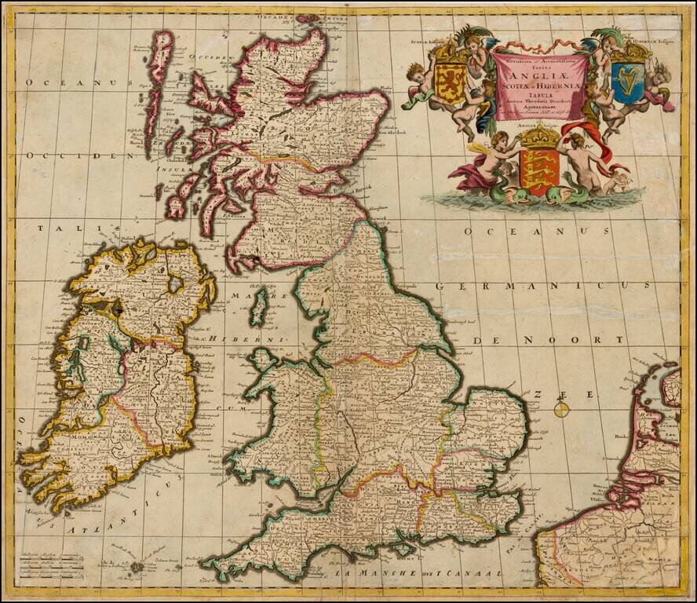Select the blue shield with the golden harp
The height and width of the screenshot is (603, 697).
pos(628,82)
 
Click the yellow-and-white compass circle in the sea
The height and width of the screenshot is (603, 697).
pos(560,408)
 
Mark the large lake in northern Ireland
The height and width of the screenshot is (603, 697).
pos(175,283)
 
